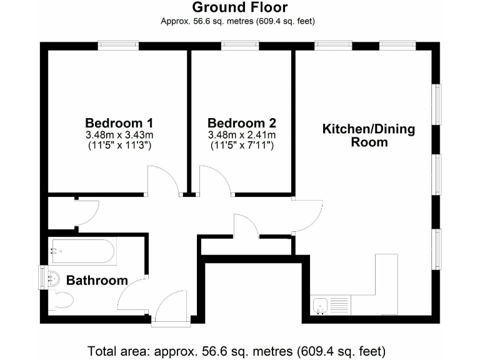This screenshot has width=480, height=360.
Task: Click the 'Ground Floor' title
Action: (x=239, y=7)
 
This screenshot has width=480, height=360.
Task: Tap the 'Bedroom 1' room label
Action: (x=119, y=122)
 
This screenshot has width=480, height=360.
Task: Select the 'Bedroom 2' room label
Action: (x=242, y=122)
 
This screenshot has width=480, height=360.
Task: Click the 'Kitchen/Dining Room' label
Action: (x=368, y=136)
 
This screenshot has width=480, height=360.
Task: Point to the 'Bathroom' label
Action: (x=97, y=281)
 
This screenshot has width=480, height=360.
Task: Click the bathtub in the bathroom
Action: (x=82, y=252)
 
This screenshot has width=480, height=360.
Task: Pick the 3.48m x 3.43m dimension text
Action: (x=119, y=134)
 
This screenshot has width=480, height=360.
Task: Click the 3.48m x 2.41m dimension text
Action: (x=242, y=134)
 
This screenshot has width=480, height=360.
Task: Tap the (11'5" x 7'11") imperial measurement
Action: (x=242, y=146)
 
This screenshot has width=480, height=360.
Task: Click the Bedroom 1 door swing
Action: (x=162, y=181)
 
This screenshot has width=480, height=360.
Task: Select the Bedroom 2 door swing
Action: (x=214, y=181)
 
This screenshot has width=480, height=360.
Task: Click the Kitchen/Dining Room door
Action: (x=307, y=216)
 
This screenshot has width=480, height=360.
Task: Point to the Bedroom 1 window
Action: (x=118, y=45)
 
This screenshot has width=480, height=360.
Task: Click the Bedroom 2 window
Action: (x=241, y=45)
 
